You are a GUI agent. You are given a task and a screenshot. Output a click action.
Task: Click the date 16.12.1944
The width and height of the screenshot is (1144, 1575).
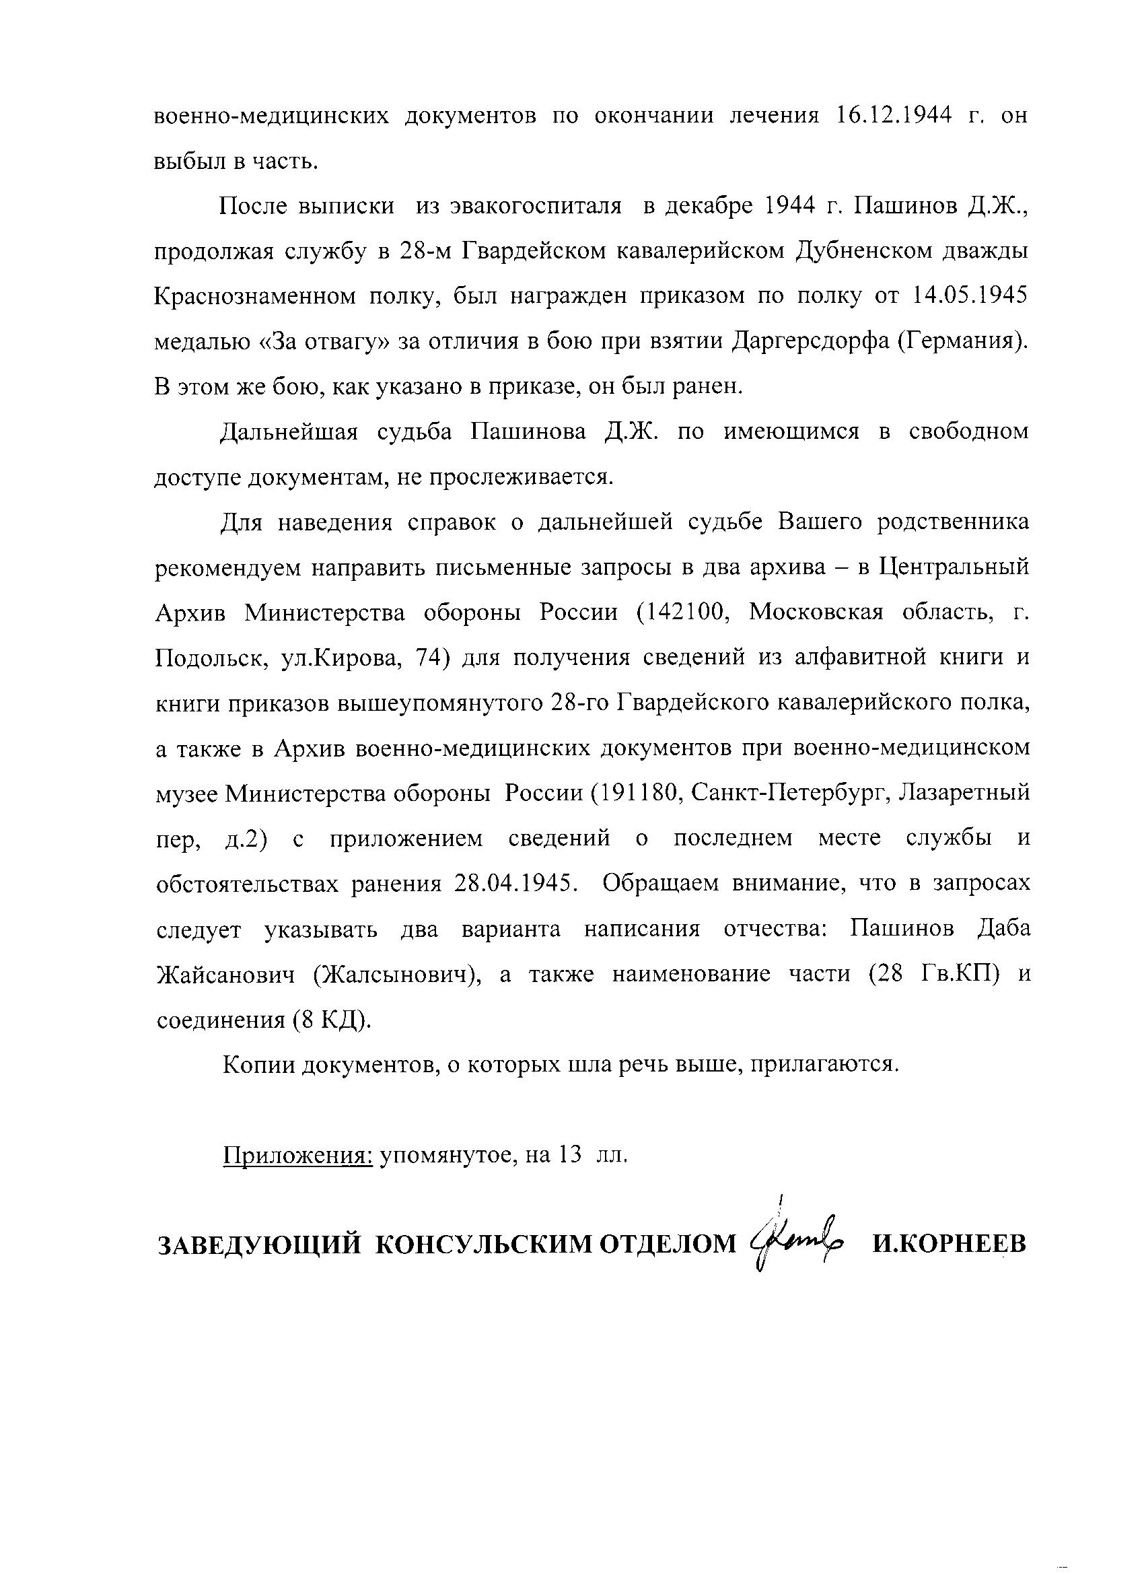(x=894, y=116)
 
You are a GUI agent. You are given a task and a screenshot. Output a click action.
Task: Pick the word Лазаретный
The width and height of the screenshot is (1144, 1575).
(x=964, y=792)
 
